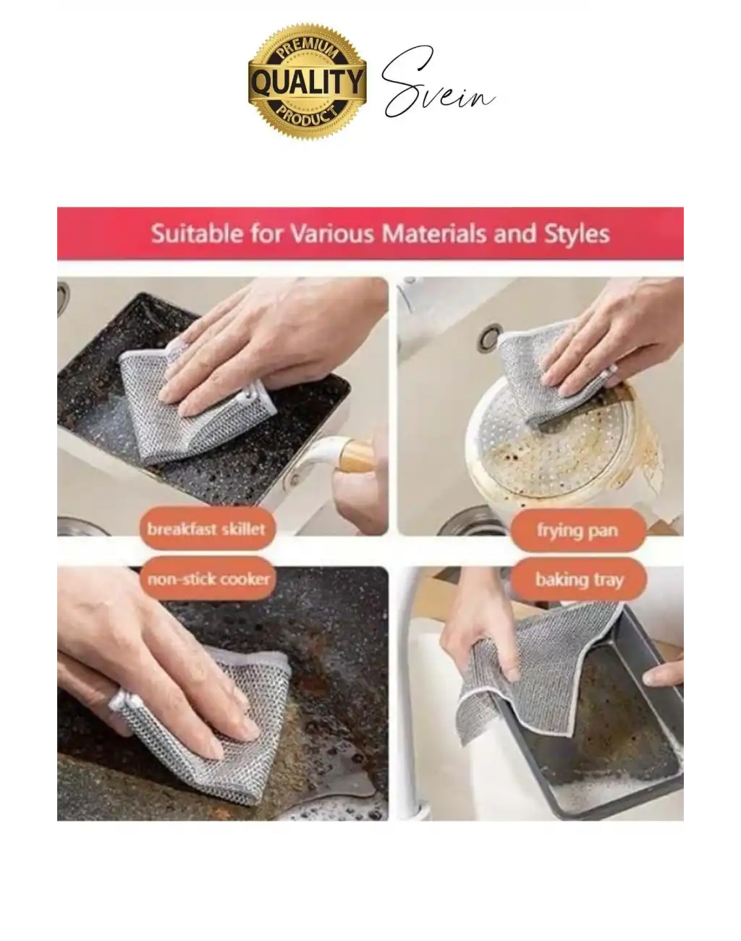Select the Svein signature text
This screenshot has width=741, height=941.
pos(439,82)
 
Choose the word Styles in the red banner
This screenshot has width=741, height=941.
pos(577,234)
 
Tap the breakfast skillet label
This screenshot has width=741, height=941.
pos(207,528)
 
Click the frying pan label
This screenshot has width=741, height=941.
pos(578,530)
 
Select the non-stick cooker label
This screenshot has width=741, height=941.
pos(208,579)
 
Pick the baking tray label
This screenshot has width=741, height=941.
pos(579,580)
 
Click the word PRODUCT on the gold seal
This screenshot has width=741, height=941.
pos(308,115)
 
